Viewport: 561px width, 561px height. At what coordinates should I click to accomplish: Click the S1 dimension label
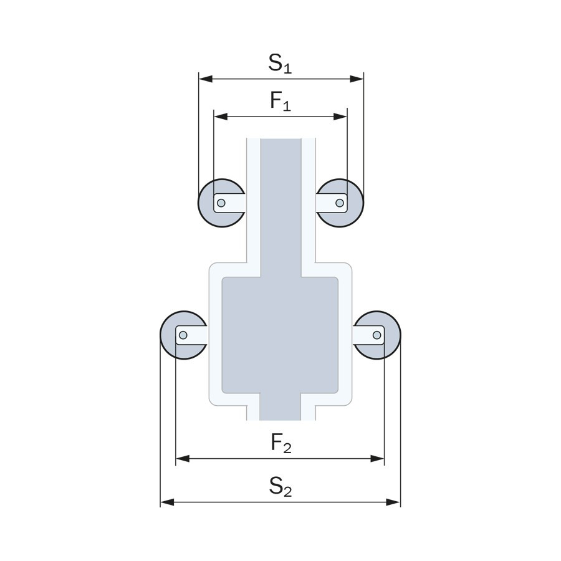(280, 64)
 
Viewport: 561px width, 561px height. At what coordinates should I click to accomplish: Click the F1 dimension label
(280, 101)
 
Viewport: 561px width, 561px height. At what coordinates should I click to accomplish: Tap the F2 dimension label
(281, 443)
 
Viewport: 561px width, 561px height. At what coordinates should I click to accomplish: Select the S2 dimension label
(280, 487)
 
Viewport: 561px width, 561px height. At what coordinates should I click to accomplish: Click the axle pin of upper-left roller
(221, 203)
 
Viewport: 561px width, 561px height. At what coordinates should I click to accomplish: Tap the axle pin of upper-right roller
(340, 203)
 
